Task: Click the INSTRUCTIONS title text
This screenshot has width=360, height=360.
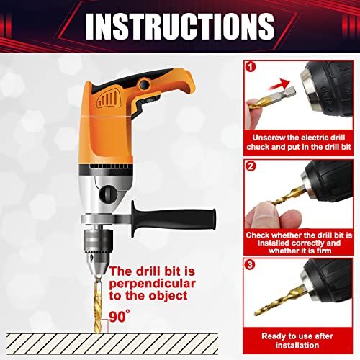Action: click(x=180, y=26)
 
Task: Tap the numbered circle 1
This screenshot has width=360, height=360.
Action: click(x=251, y=67)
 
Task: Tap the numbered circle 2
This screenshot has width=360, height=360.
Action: click(x=251, y=166)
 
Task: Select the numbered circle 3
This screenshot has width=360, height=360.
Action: click(x=250, y=264)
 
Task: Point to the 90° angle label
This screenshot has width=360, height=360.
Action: click(x=120, y=316)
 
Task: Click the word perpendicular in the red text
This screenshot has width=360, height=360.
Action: click(x=152, y=284)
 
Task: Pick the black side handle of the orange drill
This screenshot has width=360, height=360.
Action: click(x=174, y=219)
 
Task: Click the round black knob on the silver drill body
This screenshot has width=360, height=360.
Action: click(x=109, y=194)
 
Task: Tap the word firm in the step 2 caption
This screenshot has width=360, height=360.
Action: click(x=323, y=251)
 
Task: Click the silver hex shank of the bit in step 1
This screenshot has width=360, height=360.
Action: click(x=289, y=92)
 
